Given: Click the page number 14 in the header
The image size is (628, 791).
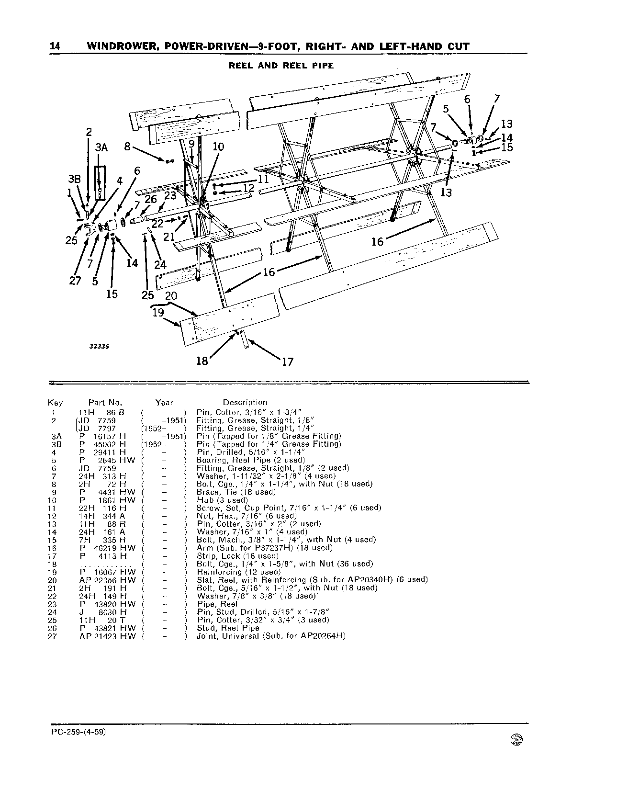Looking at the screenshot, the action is pyautogui.click(x=55, y=46).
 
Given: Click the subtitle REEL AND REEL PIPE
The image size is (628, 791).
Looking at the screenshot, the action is pyautogui.click(x=281, y=65).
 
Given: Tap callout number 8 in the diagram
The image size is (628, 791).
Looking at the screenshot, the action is pyautogui.click(x=127, y=147).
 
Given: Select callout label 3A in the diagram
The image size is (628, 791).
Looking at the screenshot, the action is pyautogui.click(x=101, y=148).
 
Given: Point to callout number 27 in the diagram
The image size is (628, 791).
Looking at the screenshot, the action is pyautogui.click(x=75, y=281).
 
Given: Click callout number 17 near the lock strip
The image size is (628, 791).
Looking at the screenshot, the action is pyautogui.click(x=287, y=362).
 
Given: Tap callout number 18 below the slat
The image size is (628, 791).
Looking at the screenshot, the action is pyautogui.click(x=202, y=361).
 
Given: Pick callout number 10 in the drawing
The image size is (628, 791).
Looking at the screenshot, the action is pyautogui.click(x=218, y=147).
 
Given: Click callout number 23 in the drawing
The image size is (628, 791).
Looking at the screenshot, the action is pyautogui.click(x=170, y=195).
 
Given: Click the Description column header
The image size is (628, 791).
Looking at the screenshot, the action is pyautogui.click(x=245, y=403).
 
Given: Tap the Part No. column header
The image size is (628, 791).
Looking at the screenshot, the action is pyautogui.click(x=105, y=403).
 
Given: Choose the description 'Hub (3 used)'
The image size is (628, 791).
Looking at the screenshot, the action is pyautogui.click(x=223, y=500).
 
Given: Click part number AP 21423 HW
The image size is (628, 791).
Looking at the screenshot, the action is pyautogui.click(x=108, y=636).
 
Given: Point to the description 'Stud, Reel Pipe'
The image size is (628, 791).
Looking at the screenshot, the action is pyautogui.click(x=228, y=628).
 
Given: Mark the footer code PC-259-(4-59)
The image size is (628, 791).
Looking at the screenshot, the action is pyautogui.click(x=77, y=733).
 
